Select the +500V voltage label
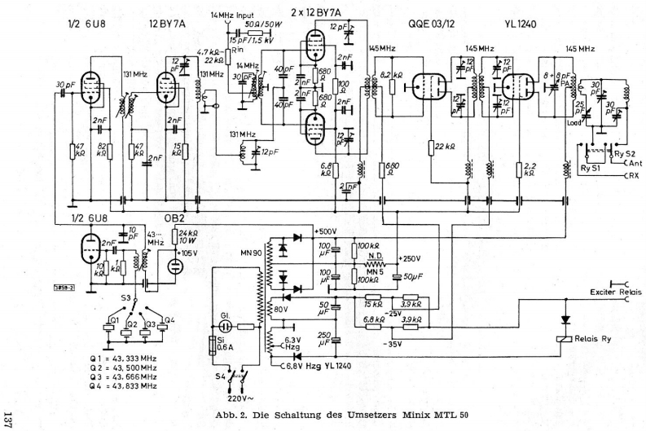point(327,231)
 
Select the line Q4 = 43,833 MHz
point(125,385)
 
